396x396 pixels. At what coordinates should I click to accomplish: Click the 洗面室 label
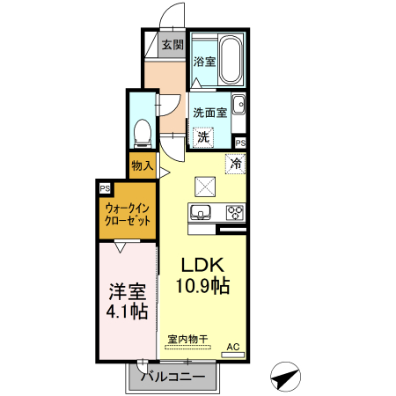coord(210,112)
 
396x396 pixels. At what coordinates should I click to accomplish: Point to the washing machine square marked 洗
coord(203,136)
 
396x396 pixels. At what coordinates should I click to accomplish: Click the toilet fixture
coord(141,133)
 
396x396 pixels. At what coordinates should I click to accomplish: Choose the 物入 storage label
coord(142,165)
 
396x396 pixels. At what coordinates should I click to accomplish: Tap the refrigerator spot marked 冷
coord(235,163)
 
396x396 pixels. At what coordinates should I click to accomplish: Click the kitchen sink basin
coord(199,213)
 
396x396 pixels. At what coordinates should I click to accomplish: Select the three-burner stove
coord(233,213)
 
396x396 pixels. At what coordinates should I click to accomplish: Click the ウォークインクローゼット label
coord(128,214)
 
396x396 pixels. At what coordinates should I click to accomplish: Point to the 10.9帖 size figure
coord(204,287)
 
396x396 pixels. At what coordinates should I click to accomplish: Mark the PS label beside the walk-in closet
coord(105,187)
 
